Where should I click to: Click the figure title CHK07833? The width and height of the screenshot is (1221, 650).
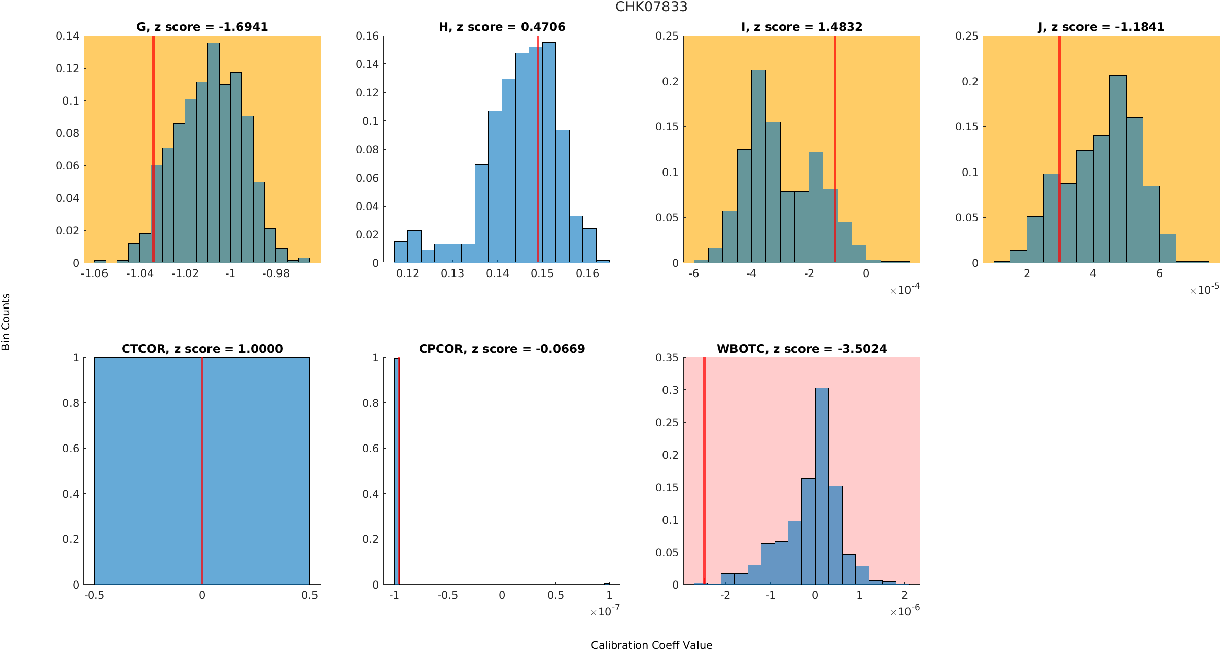651,7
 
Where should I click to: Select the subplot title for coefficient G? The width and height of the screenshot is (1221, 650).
202,27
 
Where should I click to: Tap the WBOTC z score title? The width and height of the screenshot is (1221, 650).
801,349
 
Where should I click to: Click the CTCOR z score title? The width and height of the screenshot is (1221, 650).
202,349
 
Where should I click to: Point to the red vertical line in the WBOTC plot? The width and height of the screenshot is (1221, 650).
704,472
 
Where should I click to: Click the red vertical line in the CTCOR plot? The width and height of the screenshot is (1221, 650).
202,472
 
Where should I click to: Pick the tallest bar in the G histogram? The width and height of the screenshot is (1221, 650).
214,152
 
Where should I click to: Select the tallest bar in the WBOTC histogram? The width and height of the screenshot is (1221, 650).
822,487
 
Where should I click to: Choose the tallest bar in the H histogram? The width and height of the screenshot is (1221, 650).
549,152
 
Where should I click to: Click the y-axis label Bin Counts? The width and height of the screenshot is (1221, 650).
6,322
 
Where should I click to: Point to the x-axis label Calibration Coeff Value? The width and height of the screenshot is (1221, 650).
651,645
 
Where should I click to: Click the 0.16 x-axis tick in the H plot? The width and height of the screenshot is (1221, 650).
587,273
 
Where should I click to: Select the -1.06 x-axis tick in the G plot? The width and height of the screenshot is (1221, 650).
94,273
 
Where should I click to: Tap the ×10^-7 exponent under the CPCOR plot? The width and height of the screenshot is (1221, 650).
605,611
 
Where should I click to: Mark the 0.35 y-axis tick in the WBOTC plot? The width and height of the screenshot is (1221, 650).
667,358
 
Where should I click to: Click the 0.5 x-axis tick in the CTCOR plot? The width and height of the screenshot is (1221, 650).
309,595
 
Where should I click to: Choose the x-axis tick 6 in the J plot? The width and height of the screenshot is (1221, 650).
1159,273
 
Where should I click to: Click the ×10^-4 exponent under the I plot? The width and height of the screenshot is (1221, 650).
904,290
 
